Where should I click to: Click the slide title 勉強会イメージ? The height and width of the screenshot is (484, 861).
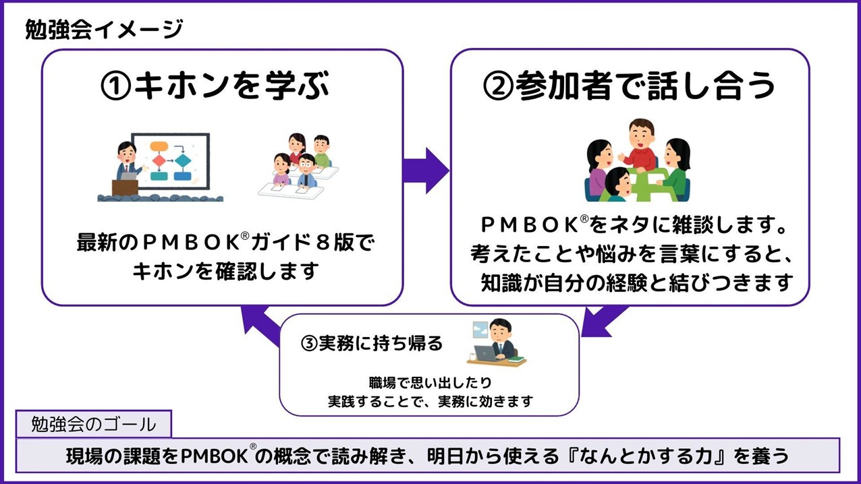coord(103,30)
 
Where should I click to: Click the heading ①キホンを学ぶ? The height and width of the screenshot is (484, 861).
coord(215,87)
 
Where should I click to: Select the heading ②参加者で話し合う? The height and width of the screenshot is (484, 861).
coord(629,86)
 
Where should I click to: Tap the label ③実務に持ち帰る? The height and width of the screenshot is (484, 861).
coord(371,343)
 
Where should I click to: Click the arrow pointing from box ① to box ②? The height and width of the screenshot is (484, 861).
coord(426,171)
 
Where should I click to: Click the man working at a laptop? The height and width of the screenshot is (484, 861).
coord(497,340)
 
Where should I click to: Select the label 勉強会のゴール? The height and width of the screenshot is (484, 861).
coord(94,424)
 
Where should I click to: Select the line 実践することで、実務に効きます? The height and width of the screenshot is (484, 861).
coord(430,401)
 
